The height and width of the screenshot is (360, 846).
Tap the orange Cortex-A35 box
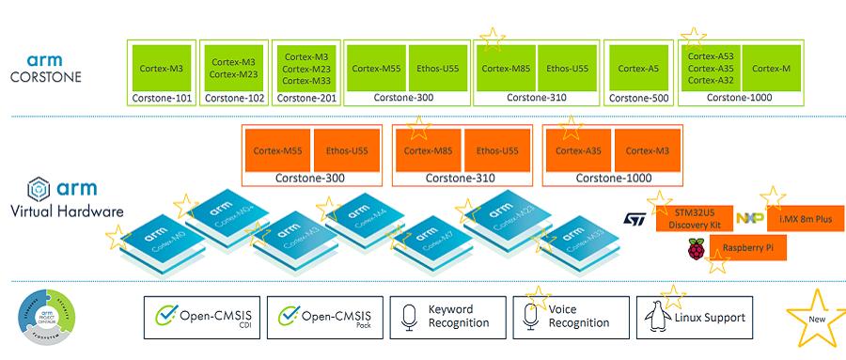pos(577,150)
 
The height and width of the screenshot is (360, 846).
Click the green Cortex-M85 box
pos(505,68)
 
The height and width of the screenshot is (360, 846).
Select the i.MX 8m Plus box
pos(806,220)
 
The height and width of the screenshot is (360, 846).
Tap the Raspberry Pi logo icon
pos(696,249)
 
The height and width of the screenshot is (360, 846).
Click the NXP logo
pos(749,219)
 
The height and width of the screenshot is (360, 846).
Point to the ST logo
pos(634,219)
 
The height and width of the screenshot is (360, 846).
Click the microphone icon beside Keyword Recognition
pos(408,317)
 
